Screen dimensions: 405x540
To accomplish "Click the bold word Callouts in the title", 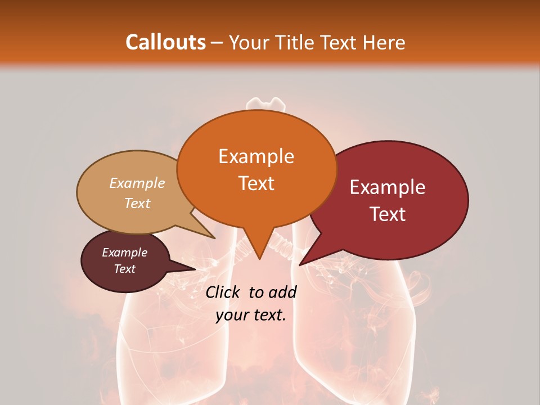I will click(x=165, y=42).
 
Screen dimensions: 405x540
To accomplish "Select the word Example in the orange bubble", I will click(x=256, y=156).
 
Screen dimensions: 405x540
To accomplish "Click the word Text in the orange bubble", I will click(x=256, y=183).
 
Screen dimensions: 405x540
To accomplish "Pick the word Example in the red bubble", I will click(x=388, y=187).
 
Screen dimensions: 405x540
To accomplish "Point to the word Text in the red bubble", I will click(x=388, y=214).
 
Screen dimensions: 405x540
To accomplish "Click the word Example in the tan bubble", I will click(x=137, y=183).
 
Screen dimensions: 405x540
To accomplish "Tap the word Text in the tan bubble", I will click(x=137, y=203).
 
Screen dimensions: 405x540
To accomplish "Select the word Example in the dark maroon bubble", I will click(x=125, y=253).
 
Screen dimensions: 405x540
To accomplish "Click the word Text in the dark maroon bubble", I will click(x=125, y=269).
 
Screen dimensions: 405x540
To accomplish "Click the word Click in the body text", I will click(x=224, y=292).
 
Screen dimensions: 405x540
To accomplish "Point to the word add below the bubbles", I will click(x=283, y=292).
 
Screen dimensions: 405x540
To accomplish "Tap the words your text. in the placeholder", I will click(x=251, y=315).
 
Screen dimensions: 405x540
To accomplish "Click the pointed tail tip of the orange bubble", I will click(x=259, y=259).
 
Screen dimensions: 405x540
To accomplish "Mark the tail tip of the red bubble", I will click(x=300, y=265).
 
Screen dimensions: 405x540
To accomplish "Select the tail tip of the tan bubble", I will click(x=214, y=238).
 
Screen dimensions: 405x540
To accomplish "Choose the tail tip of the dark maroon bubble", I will click(x=195, y=269).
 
